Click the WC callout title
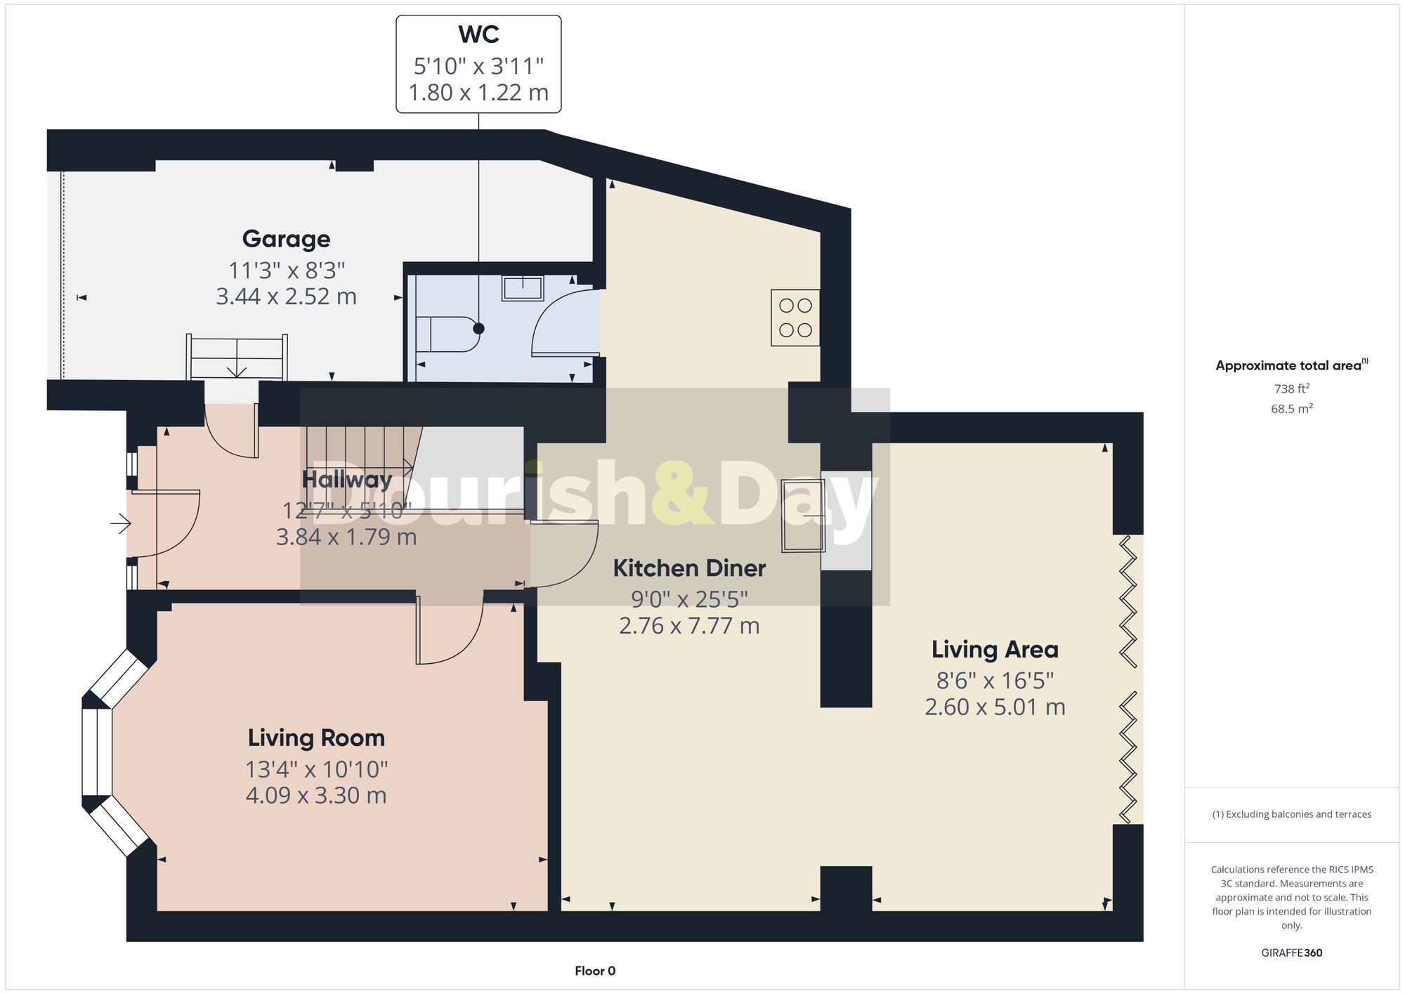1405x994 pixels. click(478, 34)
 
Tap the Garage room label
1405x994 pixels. click(286, 239)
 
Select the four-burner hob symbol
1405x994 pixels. click(795, 318)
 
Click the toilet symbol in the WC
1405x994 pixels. click(447, 334)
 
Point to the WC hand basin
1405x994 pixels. click(523, 288)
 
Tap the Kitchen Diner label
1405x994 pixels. click(689, 568)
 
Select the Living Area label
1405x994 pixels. click(995, 650)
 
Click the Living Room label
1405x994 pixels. click(316, 738)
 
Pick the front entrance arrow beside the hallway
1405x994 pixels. click(121, 523)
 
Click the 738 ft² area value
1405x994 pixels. click(1291, 388)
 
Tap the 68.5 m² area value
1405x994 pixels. click(1291, 409)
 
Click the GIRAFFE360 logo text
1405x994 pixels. click(1291, 953)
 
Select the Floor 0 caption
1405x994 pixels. click(595, 971)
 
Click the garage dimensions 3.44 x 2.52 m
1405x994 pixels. click(286, 296)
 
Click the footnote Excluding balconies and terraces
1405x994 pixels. click(1291, 814)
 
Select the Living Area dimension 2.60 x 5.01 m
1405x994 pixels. click(995, 707)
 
